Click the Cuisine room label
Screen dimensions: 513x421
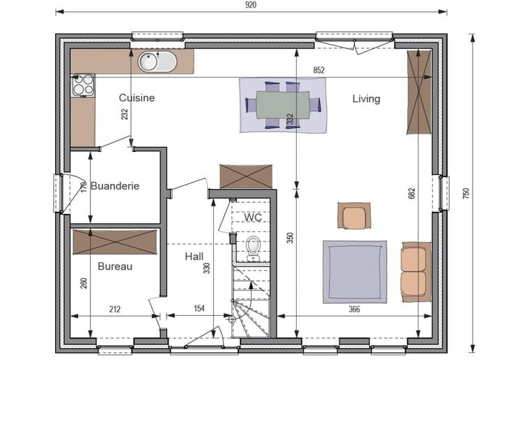[137, 98]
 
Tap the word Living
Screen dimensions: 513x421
[366, 99]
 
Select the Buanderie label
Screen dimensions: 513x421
[115, 186]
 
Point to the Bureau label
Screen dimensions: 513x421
[115, 266]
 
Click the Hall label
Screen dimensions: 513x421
[194, 256]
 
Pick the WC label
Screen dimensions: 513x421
[252, 217]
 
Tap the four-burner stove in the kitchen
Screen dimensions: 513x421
[83, 85]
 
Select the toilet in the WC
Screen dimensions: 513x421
[253, 249]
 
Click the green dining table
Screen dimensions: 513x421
[283, 105]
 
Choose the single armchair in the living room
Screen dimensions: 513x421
[354, 215]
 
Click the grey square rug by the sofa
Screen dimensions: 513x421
[355, 272]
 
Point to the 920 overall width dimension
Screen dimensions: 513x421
[251, 5]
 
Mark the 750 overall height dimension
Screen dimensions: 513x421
[466, 193]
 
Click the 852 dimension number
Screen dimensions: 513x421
[319, 70]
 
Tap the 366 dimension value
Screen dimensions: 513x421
[354, 309]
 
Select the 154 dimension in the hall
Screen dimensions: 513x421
[199, 309]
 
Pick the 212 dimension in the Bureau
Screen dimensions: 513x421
[114, 309]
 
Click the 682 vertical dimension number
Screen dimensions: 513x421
[411, 193]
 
